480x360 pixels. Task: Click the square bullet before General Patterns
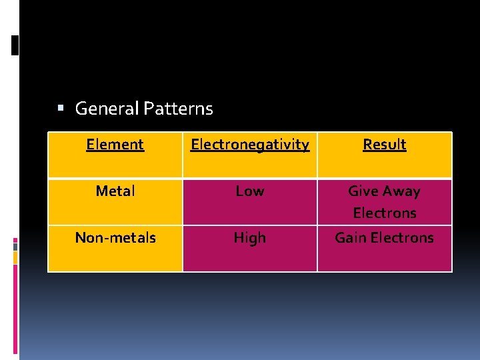click(x=60, y=108)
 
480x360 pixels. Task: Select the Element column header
click(x=115, y=145)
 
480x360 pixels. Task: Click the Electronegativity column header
click(x=250, y=145)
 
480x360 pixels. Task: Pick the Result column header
click(x=384, y=145)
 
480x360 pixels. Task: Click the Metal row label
click(x=115, y=191)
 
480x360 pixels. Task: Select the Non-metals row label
click(x=115, y=238)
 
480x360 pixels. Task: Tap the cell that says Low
click(x=250, y=191)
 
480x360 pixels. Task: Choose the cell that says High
click(x=250, y=238)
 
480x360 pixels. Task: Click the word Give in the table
click(x=363, y=191)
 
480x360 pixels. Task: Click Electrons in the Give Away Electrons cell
click(x=384, y=213)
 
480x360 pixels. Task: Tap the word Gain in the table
click(x=351, y=238)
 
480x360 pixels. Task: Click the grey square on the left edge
click(x=15, y=246)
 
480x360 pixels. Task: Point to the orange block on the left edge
click(x=15, y=257)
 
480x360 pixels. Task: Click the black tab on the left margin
click(x=15, y=45)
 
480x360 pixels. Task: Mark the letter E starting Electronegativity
click(x=195, y=145)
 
